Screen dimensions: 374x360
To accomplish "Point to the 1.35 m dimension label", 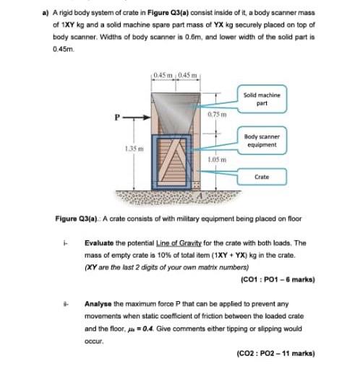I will [x=132, y=147].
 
